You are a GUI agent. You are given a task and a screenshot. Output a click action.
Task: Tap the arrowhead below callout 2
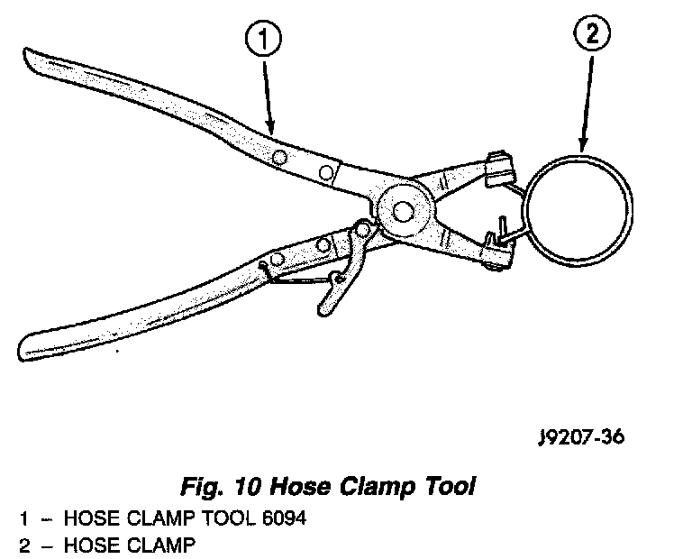pyautogui.click(x=582, y=145)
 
